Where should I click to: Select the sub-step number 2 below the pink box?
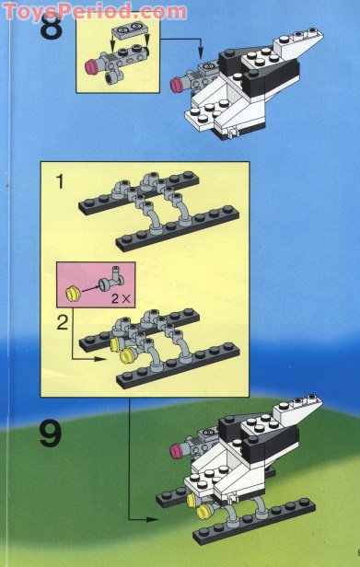(63, 321)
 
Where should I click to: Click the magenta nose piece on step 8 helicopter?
(178, 85)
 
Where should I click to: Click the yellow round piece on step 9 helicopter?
(193, 500)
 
